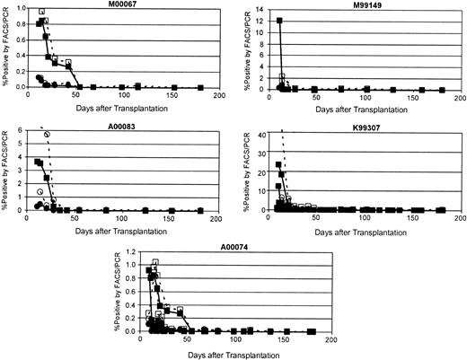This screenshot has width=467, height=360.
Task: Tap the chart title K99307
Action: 354,127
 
